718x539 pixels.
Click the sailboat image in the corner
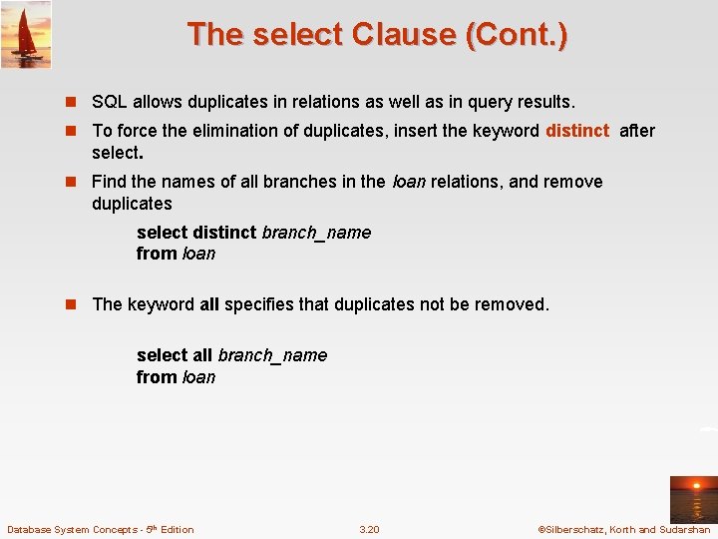tap(26, 34)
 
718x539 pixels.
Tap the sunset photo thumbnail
tap(691, 499)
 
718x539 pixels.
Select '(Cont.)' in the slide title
tap(516, 35)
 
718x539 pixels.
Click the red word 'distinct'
tap(576, 131)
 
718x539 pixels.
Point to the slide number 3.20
tap(369, 529)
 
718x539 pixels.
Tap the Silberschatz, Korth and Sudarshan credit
tap(624, 529)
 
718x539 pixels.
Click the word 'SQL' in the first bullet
tap(109, 102)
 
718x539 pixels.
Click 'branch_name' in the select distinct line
tap(316, 233)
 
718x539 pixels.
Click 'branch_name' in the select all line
tap(272, 355)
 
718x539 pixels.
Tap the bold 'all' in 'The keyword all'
tap(209, 304)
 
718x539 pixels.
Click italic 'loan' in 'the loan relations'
tap(408, 182)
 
